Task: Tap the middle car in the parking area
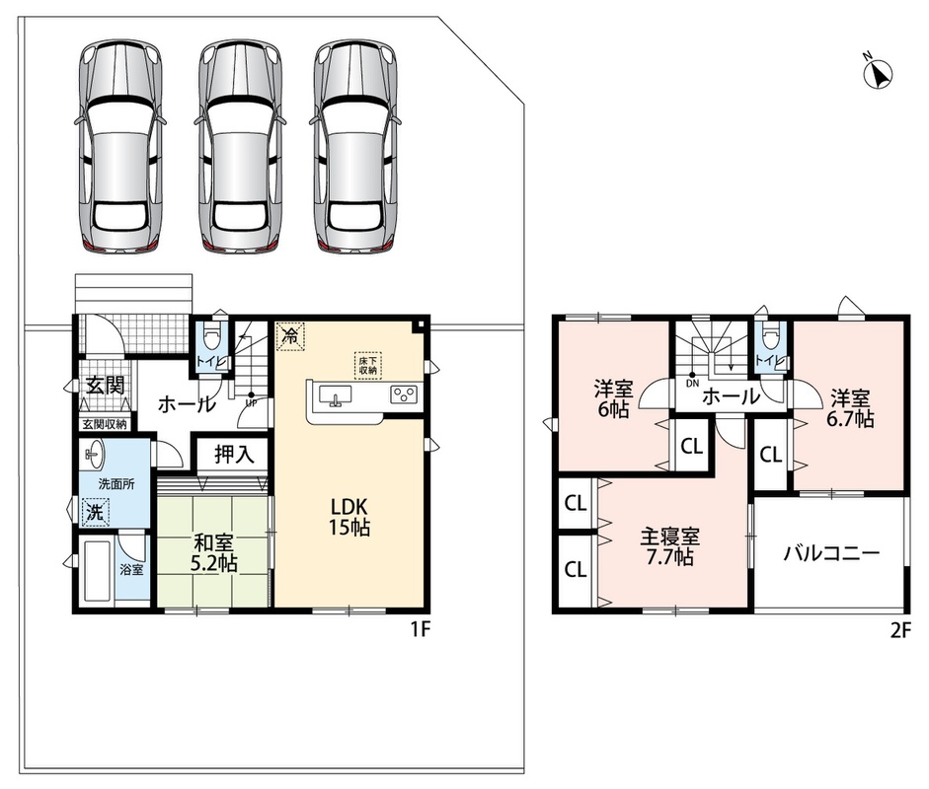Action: point(239,147)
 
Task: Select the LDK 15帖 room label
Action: point(349,516)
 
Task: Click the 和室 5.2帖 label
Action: point(214,553)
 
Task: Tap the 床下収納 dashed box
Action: point(368,365)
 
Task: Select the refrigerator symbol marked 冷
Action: point(290,336)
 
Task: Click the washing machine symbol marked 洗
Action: point(95,513)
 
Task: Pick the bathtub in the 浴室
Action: point(99,571)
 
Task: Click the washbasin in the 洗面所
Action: point(94,454)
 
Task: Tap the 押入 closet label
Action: point(233,454)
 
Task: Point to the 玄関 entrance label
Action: point(106,386)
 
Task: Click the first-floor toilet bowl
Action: point(212,337)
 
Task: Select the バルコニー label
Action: point(831,553)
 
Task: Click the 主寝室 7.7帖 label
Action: point(669,546)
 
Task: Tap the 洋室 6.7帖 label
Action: point(850,408)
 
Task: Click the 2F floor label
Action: point(900,631)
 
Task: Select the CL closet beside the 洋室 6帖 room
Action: point(691,446)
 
